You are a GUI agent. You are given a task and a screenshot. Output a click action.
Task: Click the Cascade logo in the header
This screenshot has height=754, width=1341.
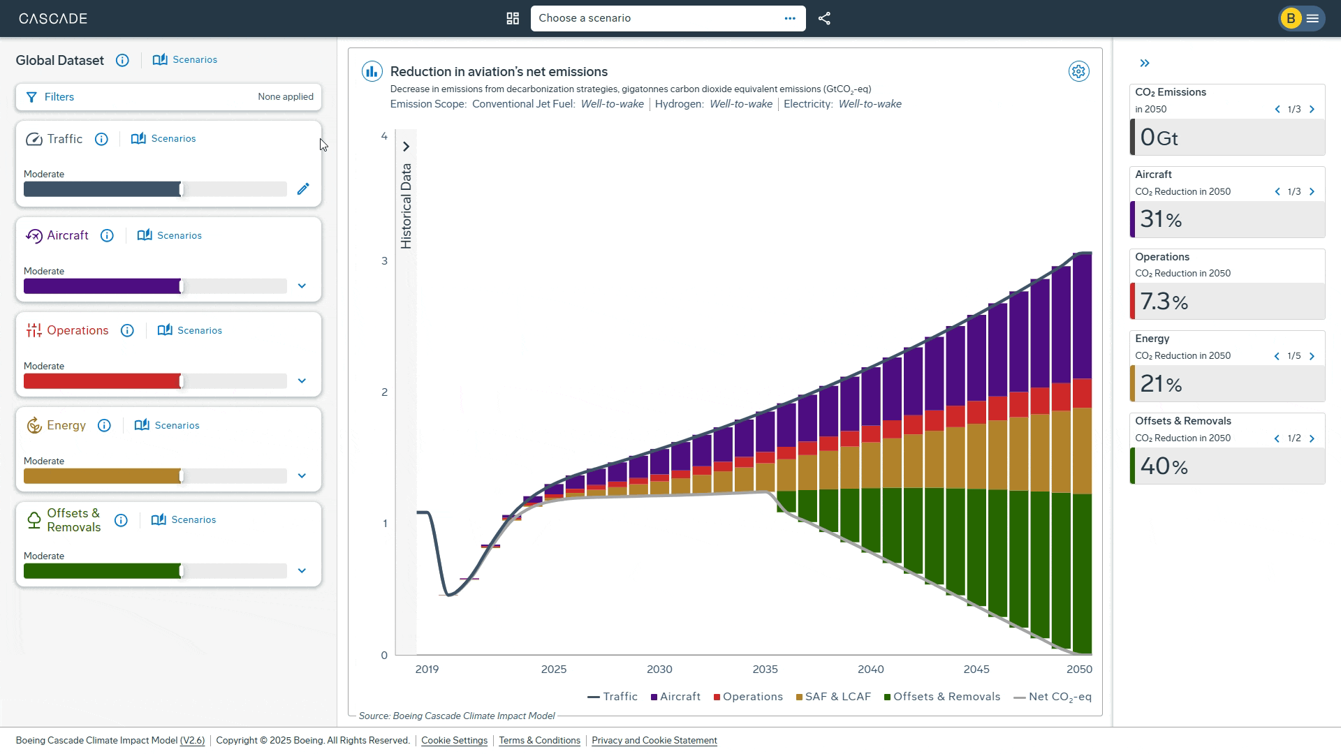[53, 18]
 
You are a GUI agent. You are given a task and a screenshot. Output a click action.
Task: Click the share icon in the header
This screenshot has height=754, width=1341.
[824, 18]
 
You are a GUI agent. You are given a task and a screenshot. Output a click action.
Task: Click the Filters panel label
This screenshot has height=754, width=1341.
[59, 97]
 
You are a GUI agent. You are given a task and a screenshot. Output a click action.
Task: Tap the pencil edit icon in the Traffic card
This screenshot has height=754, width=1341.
[303, 189]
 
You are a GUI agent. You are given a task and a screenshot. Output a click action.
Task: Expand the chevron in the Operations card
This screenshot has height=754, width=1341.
[302, 381]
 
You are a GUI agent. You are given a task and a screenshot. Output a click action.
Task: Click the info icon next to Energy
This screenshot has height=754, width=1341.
[104, 425]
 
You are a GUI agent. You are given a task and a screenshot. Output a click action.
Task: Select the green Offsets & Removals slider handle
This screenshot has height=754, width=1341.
[182, 571]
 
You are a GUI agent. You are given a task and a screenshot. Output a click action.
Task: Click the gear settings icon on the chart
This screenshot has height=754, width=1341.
[1078, 71]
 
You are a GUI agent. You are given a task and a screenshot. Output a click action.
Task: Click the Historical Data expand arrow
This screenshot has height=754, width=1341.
[406, 147]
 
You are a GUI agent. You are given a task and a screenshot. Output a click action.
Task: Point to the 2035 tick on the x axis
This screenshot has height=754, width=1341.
[765, 669]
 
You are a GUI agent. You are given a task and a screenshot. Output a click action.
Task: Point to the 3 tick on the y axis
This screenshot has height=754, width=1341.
[384, 261]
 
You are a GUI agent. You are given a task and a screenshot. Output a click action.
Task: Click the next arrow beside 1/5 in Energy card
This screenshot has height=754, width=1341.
[1312, 356]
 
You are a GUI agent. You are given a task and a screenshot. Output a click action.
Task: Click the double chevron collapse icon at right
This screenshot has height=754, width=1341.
[1144, 63]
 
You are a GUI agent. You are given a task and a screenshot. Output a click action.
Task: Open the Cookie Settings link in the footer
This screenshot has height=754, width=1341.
[454, 740]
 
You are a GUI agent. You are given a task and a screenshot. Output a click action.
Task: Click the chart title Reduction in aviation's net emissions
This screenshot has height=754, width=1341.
[499, 71]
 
